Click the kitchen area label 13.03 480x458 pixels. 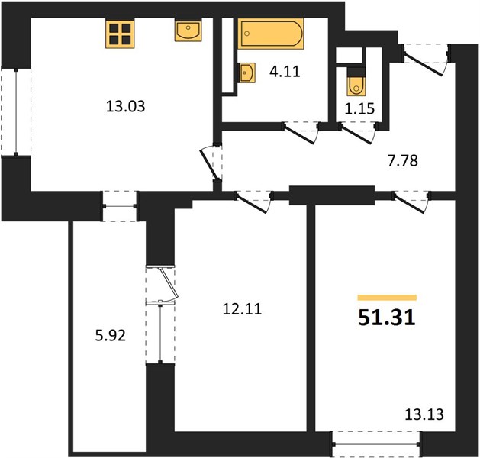tap(125, 107)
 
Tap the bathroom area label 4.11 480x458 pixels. tap(285, 72)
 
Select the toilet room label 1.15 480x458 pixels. tap(359, 108)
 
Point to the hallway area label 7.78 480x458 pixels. tap(403, 161)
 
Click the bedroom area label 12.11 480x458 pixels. tap(242, 309)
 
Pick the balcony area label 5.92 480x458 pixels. tap(110, 336)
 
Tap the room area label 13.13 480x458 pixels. tap(424, 414)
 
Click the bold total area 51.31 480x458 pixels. tap(387, 318)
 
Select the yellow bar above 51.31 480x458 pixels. tap(387, 298)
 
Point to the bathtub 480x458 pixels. tap(271, 34)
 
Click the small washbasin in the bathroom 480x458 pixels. tap(247, 73)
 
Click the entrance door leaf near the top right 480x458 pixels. tap(424, 65)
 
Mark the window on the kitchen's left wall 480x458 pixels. tap(16, 111)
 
